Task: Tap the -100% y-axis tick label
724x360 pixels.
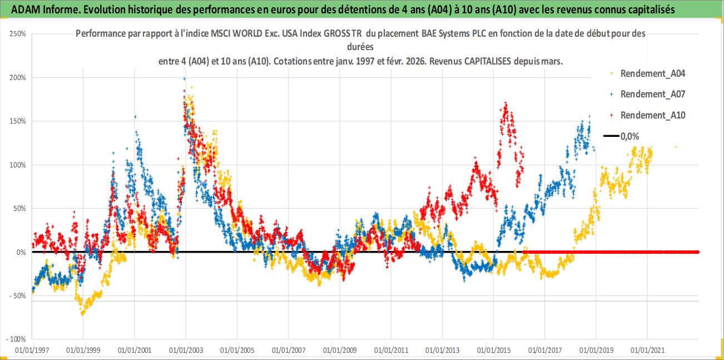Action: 16,339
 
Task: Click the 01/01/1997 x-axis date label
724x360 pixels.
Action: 32,351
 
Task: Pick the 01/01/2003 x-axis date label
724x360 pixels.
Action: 186,351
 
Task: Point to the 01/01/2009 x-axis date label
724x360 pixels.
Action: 340,351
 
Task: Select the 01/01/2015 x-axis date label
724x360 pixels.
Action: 493,351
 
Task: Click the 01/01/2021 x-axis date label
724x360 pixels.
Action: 647,351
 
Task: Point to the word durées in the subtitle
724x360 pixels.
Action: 360,47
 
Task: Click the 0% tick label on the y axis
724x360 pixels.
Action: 21,252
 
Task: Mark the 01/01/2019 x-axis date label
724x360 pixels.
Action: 596,351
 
